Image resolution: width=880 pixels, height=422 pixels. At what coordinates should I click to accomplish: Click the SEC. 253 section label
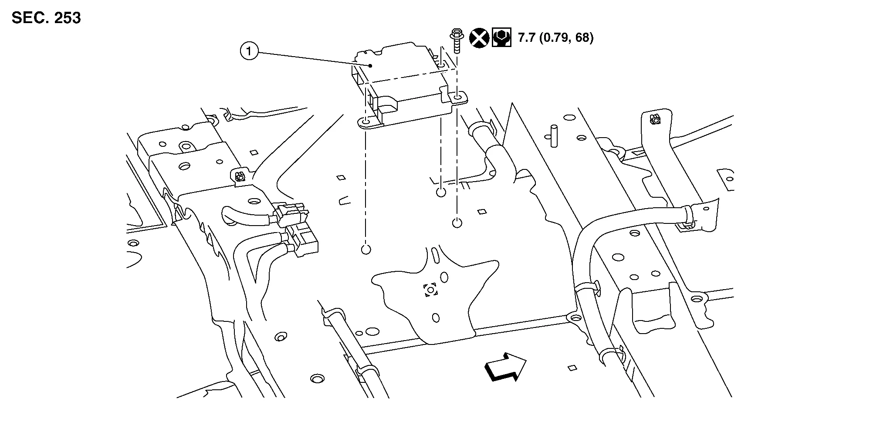[46, 18]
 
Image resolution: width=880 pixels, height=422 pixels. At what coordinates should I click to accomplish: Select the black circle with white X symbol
[479, 38]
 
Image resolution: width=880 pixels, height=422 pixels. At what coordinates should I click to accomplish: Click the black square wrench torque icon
[501, 38]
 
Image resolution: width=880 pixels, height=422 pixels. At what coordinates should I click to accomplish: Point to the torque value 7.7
[527, 38]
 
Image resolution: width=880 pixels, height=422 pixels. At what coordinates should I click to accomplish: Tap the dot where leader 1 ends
[370, 66]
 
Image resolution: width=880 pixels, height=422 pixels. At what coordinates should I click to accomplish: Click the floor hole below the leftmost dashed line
[366, 250]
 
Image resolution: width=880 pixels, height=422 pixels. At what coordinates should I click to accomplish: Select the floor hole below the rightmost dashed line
[457, 223]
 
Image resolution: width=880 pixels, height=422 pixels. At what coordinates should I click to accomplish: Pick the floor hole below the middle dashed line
[441, 192]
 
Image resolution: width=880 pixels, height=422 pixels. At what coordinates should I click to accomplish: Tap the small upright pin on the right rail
[554, 136]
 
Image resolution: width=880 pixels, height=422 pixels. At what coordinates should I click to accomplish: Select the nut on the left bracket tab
[239, 177]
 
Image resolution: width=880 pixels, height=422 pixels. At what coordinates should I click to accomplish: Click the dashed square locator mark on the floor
[430, 290]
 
